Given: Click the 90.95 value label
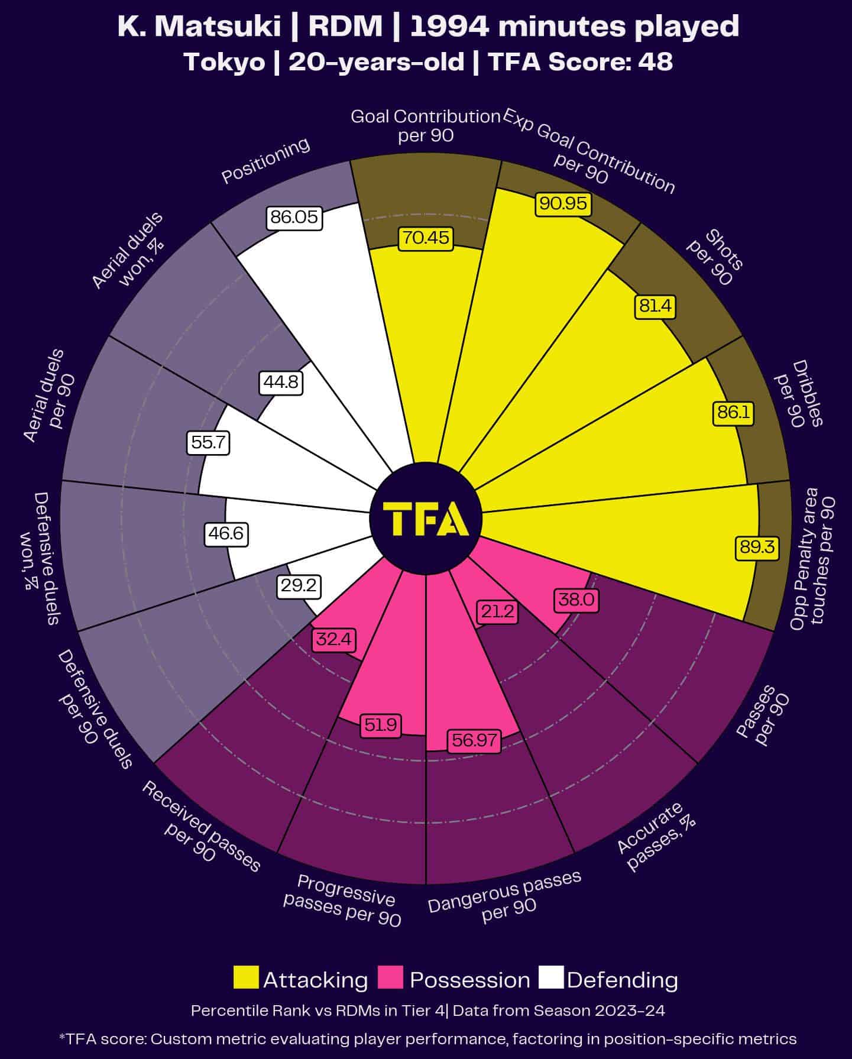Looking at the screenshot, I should [x=563, y=203].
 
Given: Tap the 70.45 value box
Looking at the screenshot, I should [x=426, y=238].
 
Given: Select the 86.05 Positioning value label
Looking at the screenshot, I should [x=294, y=218].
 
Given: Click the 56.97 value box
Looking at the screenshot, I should [x=474, y=740].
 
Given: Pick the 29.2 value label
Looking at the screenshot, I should [x=299, y=586].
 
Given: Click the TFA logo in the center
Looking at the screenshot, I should [x=426, y=519].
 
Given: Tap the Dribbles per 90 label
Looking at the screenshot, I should [x=799, y=393].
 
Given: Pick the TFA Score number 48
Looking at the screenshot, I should [x=655, y=61].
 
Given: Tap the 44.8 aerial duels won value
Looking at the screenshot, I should [x=281, y=383].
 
